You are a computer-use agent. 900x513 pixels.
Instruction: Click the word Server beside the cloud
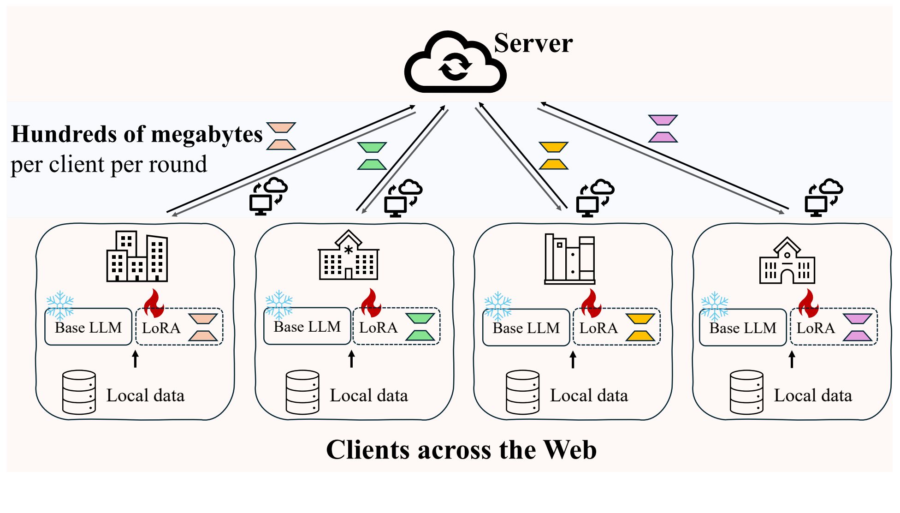pyautogui.click(x=533, y=44)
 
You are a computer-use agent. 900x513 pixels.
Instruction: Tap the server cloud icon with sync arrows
pyautogui.click(x=455, y=63)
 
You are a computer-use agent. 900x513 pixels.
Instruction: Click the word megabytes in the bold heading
pyautogui.click(x=207, y=134)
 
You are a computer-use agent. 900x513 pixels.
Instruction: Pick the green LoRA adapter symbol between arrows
pyautogui.click(x=372, y=156)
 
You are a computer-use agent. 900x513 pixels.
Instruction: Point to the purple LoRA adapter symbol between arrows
pyautogui.click(x=663, y=129)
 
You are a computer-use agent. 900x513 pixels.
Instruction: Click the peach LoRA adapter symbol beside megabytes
pyautogui.click(x=281, y=136)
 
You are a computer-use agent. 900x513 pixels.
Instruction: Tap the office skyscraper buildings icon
pyautogui.click(x=137, y=256)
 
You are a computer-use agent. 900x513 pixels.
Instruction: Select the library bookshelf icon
pyautogui.click(x=569, y=259)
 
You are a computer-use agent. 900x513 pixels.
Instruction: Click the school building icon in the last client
pyautogui.click(x=787, y=261)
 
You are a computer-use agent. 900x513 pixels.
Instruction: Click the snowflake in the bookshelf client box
pyautogui.click(x=498, y=305)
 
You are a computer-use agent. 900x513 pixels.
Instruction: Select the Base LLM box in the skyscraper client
pyautogui.click(x=88, y=328)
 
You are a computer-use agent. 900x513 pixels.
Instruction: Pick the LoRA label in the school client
pyautogui.click(x=815, y=328)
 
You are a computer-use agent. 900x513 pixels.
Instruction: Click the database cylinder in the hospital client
pyautogui.click(x=302, y=392)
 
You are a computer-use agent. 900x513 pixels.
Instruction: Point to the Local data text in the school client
pyautogui.click(x=812, y=396)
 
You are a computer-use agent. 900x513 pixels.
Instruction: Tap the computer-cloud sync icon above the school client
pyautogui.click(x=823, y=197)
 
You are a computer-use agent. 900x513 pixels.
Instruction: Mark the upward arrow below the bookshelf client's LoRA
pyautogui.click(x=573, y=359)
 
